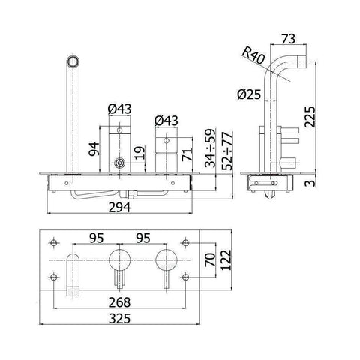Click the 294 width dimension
pyautogui.click(x=119, y=208)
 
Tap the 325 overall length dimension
pyautogui.click(x=119, y=319)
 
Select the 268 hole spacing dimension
pyautogui.click(x=119, y=302)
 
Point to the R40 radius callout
pyautogui.click(x=253, y=56)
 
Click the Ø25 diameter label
pyautogui.click(x=249, y=94)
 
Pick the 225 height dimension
pyautogui.click(x=310, y=117)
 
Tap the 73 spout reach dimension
pyautogui.click(x=288, y=39)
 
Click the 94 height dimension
pyautogui.click(x=94, y=149)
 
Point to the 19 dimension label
pyautogui.click(x=139, y=153)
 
